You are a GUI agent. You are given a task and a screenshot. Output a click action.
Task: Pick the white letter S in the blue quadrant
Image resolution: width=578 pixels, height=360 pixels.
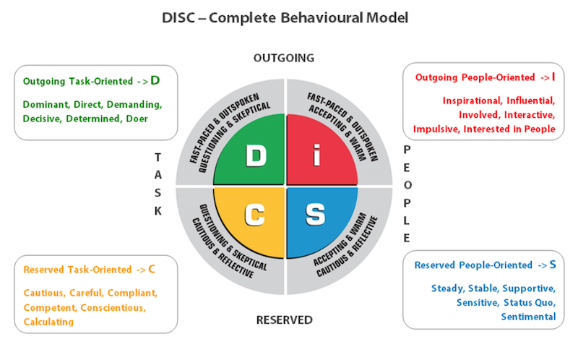tap(315, 215)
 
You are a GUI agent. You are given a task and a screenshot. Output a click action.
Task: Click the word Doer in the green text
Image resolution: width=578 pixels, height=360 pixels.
tap(135, 119)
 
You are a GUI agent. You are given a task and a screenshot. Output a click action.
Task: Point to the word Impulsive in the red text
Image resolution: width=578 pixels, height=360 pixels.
tap(437, 129)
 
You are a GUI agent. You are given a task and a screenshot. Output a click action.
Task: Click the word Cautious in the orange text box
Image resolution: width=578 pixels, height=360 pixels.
tap(44, 293)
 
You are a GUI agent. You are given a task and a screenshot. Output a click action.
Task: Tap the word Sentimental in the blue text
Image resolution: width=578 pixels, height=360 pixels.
tap(528, 317)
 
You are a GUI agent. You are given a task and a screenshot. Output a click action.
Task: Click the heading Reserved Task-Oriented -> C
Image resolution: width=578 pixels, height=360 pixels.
tap(89, 270)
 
